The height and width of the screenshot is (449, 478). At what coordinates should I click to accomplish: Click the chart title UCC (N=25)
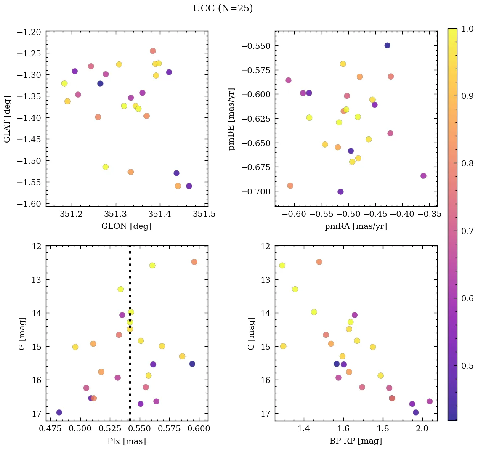click(223, 8)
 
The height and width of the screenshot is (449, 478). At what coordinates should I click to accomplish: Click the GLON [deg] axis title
click(126, 226)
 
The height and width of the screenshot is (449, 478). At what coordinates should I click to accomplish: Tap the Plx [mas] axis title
click(126, 441)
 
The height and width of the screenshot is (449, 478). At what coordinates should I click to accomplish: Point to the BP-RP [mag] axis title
click(356, 441)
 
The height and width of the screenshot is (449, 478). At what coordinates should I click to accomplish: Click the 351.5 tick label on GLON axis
click(207, 214)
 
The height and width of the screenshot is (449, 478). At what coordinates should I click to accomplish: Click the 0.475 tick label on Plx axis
click(51, 429)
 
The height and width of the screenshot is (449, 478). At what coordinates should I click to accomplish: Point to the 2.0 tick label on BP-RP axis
click(422, 429)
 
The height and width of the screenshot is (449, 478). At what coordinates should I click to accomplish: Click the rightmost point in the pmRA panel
click(423, 176)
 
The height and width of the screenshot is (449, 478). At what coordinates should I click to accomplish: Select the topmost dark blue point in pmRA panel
click(387, 45)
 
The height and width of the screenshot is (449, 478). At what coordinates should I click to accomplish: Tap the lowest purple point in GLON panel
click(189, 186)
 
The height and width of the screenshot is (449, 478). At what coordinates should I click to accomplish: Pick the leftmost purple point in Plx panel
click(59, 412)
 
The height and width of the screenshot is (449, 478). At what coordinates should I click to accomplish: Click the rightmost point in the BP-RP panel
click(429, 401)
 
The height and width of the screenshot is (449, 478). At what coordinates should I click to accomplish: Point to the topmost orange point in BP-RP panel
click(319, 262)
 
